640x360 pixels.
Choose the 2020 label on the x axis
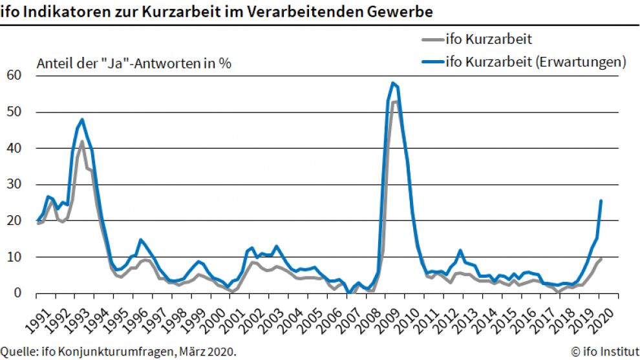click(x=607, y=315)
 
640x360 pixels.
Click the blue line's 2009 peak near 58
click(x=392, y=83)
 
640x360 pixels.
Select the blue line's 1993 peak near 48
click(x=82, y=120)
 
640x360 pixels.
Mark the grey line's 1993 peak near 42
click(x=81, y=142)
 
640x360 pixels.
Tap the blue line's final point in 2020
click(x=601, y=200)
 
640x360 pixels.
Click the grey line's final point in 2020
click(x=601, y=259)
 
